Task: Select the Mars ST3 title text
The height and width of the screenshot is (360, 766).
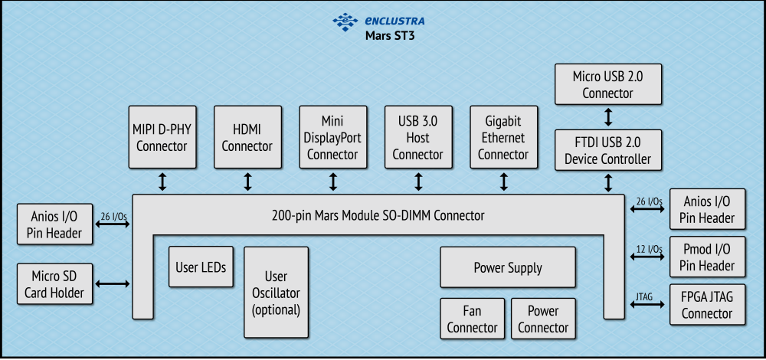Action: click(x=390, y=35)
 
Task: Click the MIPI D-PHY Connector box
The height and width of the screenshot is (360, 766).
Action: click(x=162, y=137)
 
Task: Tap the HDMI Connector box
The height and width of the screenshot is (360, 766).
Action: click(x=247, y=137)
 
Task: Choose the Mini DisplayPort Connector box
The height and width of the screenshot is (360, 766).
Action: click(x=332, y=137)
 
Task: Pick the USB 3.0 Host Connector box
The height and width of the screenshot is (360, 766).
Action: click(x=417, y=137)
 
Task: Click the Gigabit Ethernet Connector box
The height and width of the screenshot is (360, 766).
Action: click(x=503, y=137)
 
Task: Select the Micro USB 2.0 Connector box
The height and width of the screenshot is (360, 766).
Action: click(x=607, y=84)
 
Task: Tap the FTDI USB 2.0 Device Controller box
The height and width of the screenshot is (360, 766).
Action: click(x=607, y=150)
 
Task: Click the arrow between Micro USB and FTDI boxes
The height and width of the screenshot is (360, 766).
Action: click(x=608, y=117)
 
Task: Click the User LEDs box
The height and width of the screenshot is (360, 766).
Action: click(x=201, y=267)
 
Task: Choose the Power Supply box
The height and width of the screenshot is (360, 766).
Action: click(x=507, y=267)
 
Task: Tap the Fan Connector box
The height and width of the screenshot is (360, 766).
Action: click(x=472, y=319)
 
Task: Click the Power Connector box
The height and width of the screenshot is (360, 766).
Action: click(x=543, y=319)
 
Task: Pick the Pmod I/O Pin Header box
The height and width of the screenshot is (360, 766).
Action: click(x=707, y=257)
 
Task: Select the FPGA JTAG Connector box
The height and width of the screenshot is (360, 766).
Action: click(x=707, y=305)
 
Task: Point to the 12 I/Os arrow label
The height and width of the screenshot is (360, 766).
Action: click(x=649, y=249)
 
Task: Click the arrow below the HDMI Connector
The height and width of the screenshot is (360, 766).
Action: click(x=247, y=182)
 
